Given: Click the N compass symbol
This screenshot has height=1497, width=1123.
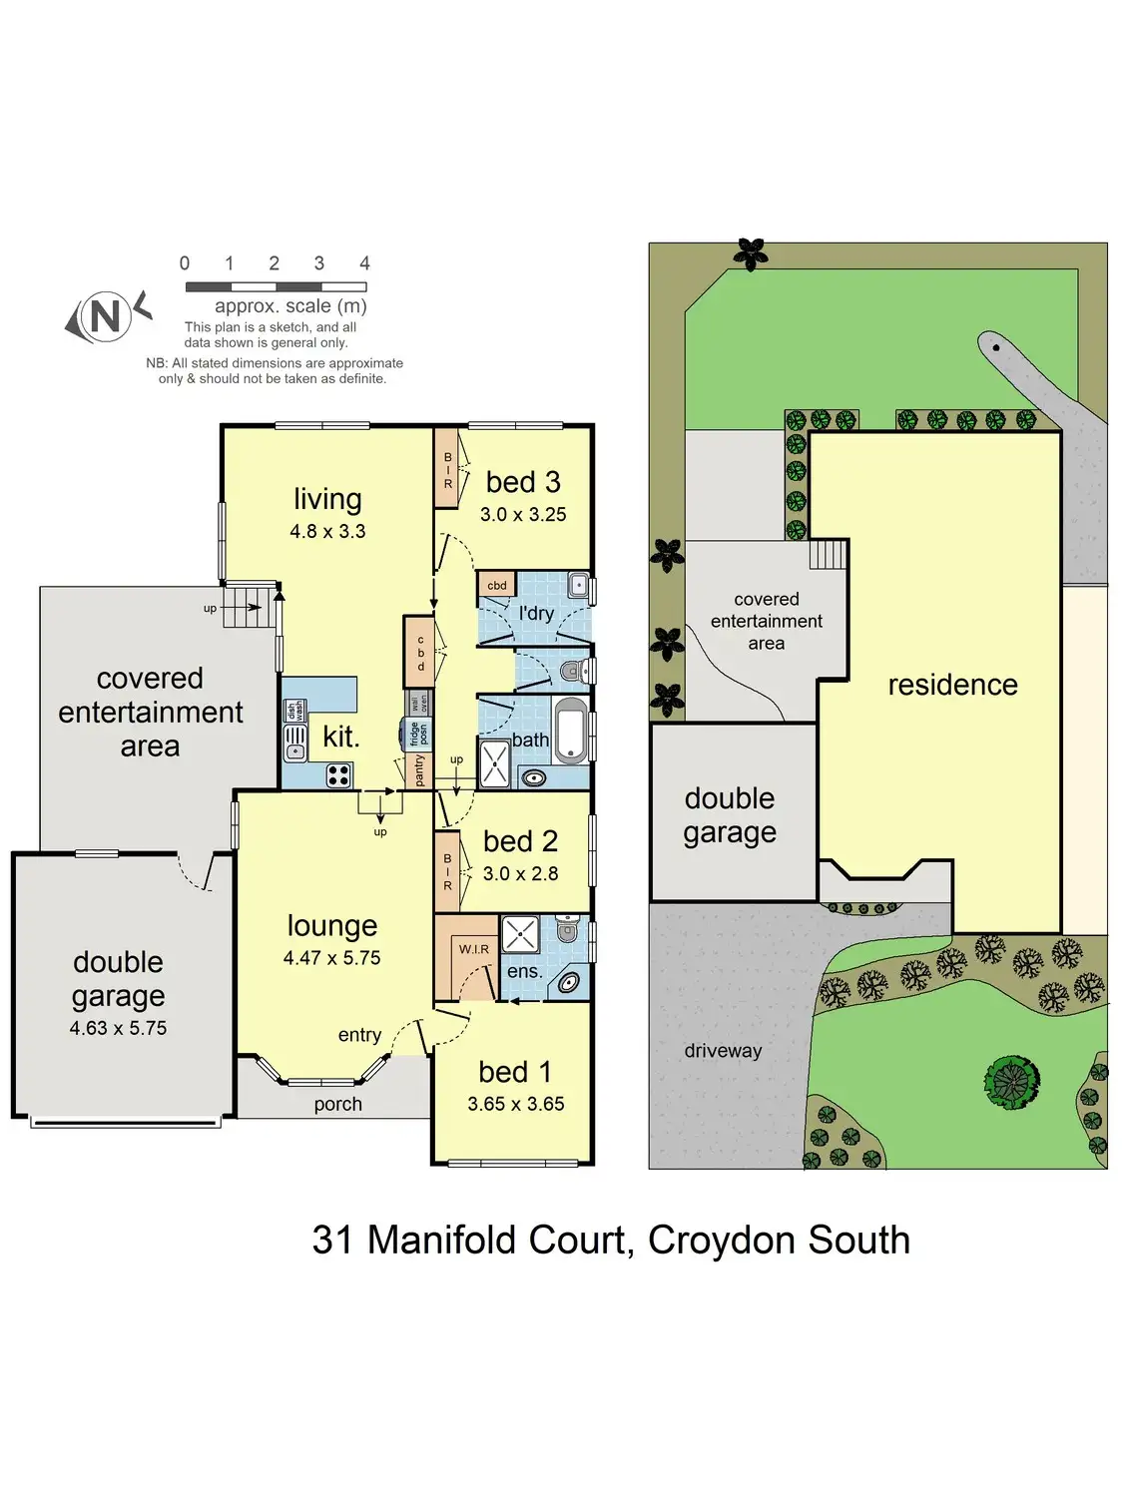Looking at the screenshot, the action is coord(107,316).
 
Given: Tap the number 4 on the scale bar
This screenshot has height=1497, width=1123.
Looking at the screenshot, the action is coord(364,263).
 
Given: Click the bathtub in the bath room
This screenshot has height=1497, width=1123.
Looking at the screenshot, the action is coord(571,731).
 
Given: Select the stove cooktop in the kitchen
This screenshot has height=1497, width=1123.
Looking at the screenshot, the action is coord(338,775).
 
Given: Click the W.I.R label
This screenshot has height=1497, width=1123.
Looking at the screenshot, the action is coord(474,949).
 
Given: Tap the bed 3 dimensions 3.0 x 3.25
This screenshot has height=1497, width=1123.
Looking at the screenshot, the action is coord(523,515).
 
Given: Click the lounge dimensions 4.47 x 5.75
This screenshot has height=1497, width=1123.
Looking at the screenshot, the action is coord(332,957).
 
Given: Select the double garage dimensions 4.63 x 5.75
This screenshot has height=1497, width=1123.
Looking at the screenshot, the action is coord(118,1028).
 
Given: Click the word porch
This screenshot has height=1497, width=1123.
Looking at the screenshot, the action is coord(338,1104).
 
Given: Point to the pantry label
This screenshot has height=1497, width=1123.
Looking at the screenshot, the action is coord(419,770).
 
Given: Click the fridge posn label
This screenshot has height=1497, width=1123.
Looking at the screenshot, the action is coord(418,734).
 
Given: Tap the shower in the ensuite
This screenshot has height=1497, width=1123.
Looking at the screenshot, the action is coord(521,934).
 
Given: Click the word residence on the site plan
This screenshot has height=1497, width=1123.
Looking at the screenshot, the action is coord(952,685).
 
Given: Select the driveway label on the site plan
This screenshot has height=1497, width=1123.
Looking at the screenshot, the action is coord(723,1050).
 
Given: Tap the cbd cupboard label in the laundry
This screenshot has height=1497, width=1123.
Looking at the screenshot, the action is coord(497,585).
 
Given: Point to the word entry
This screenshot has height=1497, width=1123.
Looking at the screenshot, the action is coord(359,1035).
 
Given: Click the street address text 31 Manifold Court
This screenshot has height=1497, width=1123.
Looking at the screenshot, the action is coord(469,1240).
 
